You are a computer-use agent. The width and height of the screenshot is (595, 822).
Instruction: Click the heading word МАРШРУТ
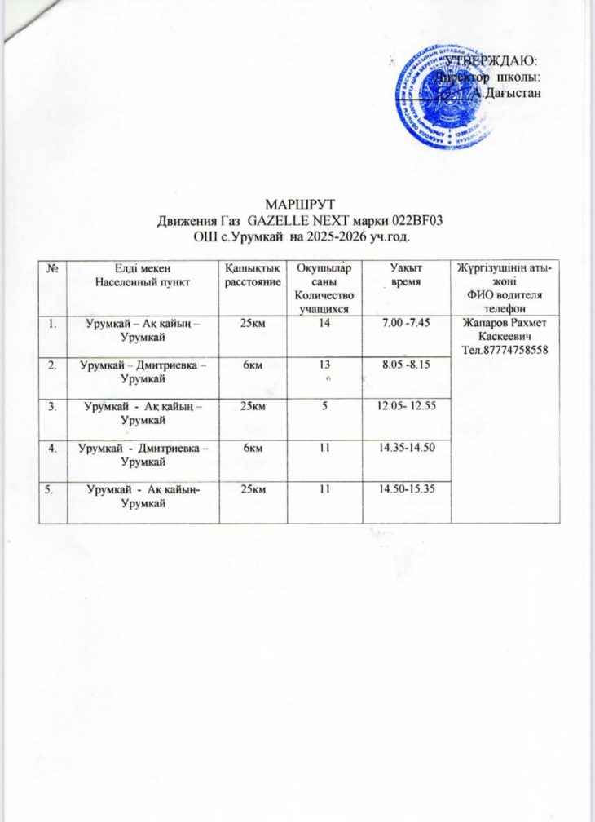(297, 202)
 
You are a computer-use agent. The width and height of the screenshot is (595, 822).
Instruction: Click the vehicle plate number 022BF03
(414, 219)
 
